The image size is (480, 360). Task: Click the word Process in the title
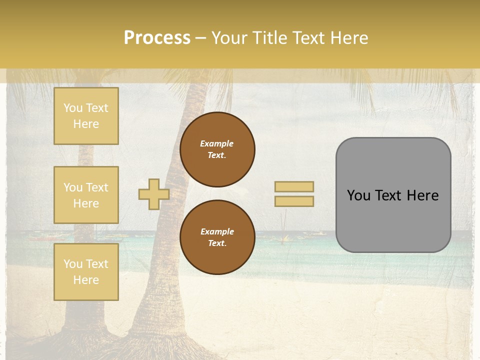point(157,38)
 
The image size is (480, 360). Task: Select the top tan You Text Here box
point(86,116)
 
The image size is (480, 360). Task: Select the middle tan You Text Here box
point(86,195)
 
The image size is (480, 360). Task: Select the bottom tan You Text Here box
point(86,272)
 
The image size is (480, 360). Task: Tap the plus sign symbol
point(154,194)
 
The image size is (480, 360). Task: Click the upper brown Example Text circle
point(217,149)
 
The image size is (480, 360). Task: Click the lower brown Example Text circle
point(217,237)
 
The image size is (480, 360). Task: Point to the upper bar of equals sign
point(294,187)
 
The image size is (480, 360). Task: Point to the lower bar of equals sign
point(294,201)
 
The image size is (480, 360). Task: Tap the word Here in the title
point(348,38)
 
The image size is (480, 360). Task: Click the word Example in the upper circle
point(217,143)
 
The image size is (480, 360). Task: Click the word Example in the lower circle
point(217,231)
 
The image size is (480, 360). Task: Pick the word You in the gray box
point(358,195)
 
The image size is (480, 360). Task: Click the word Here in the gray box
point(423,195)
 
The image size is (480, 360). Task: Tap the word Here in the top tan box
point(86,124)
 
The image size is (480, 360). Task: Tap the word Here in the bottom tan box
point(86,280)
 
